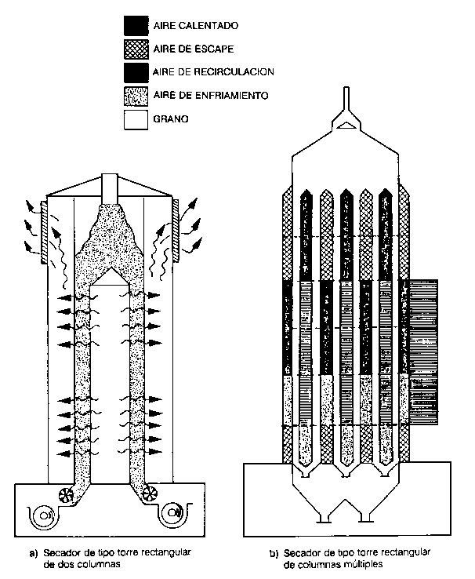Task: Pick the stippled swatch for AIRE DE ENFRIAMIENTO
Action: click(x=136, y=96)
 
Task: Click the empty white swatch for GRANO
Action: click(x=136, y=119)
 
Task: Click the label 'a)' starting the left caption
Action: click(x=34, y=552)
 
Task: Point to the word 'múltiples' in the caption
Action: click(x=357, y=563)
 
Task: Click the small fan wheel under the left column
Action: click(x=63, y=494)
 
